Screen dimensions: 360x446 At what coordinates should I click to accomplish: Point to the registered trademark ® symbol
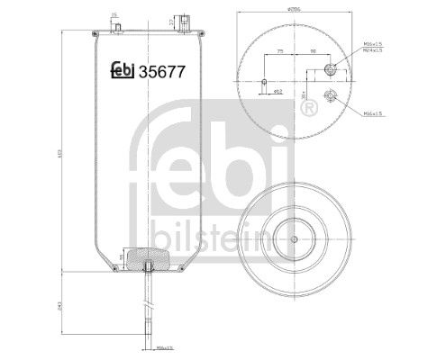point(309,108)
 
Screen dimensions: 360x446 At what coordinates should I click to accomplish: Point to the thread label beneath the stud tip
point(162,346)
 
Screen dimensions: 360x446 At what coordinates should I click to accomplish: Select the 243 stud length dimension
point(59,306)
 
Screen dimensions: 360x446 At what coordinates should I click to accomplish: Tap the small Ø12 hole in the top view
point(264,84)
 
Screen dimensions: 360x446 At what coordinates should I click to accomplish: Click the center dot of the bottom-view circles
point(295,239)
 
